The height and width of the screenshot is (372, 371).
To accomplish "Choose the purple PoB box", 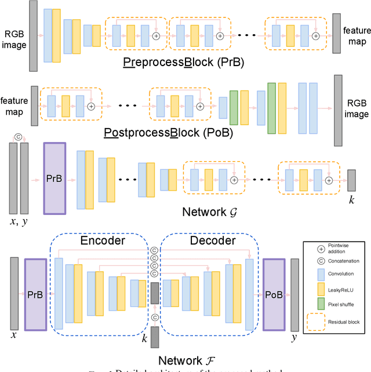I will pyautogui.click(x=275, y=294).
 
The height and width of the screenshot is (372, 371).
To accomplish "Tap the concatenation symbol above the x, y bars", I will pyautogui.click(x=19, y=137).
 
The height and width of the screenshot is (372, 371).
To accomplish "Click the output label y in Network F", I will pyautogui.click(x=296, y=335).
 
